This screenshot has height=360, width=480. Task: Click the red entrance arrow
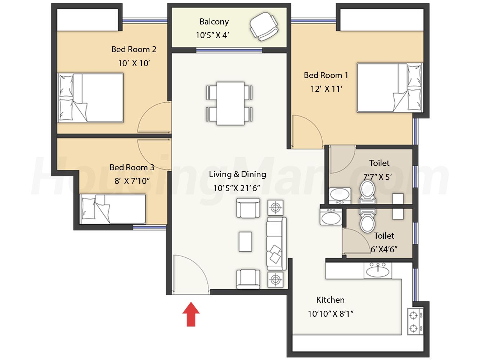(191, 314)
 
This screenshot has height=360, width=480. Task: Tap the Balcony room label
(214, 22)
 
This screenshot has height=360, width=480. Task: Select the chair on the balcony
(264, 26)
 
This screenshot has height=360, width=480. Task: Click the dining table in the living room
(230, 103)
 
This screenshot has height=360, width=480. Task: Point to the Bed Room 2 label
(134, 49)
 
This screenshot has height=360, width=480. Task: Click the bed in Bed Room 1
(390, 87)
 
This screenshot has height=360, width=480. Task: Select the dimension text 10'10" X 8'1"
(331, 314)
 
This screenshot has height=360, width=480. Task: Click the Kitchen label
(330, 300)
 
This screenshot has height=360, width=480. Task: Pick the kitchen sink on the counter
(378, 270)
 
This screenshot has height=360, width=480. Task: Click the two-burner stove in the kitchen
(415, 321)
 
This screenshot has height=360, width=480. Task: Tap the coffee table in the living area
(245, 242)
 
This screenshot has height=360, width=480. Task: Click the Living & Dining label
(238, 174)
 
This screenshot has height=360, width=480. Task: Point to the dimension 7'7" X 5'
(377, 177)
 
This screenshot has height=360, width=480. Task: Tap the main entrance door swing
(198, 266)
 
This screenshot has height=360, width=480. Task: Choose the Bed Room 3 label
(132, 167)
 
